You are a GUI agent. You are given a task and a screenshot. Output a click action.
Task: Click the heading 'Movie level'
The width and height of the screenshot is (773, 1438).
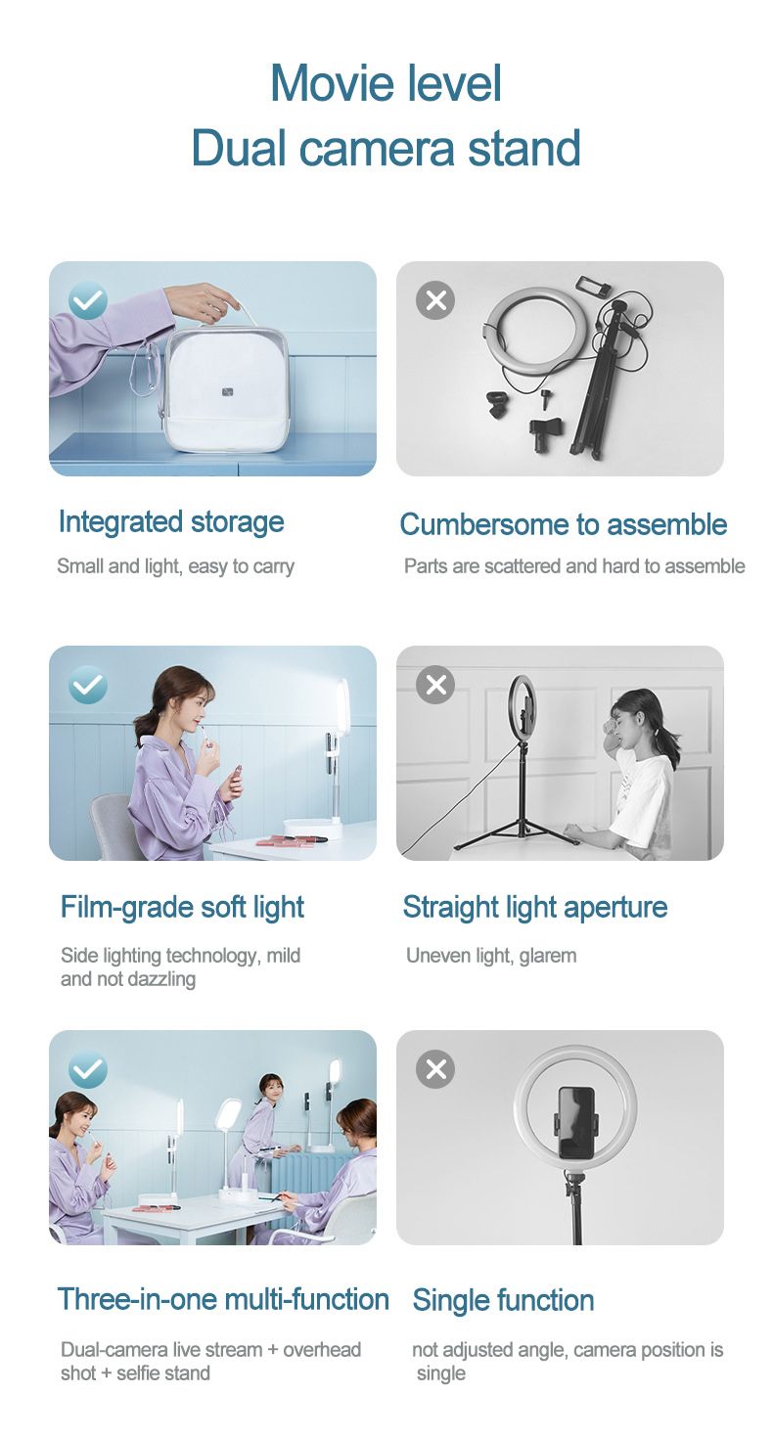click(386, 83)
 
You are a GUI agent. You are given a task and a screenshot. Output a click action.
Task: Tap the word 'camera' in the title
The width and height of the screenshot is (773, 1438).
click(377, 148)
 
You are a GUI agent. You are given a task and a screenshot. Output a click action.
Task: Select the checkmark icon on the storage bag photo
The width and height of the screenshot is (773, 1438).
click(88, 300)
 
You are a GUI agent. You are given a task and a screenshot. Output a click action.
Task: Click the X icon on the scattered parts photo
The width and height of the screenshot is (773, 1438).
click(435, 299)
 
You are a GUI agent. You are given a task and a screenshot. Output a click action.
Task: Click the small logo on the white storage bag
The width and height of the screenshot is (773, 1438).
click(228, 391)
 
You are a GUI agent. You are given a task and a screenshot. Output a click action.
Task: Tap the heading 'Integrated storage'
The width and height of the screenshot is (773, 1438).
click(171, 521)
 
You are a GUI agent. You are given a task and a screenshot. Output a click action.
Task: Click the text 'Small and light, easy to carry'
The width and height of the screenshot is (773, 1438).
click(175, 566)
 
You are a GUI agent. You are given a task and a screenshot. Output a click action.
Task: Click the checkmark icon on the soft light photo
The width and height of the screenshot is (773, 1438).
click(88, 685)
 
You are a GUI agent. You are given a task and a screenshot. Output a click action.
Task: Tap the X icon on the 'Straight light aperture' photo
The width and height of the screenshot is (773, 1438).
click(435, 685)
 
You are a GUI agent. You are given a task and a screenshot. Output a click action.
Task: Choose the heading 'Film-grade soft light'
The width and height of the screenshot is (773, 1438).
click(182, 907)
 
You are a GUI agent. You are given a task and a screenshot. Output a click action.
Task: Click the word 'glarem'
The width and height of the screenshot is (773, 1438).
click(548, 955)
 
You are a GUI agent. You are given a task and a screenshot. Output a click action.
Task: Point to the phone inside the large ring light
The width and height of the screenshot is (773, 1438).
click(576, 1122)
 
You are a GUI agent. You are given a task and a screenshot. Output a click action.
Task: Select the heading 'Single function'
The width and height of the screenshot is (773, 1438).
click(503, 1300)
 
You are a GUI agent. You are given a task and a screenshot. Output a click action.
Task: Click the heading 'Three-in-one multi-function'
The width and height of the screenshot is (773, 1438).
click(223, 1299)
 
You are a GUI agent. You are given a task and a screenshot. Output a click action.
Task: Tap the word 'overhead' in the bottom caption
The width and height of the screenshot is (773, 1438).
click(322, 1349)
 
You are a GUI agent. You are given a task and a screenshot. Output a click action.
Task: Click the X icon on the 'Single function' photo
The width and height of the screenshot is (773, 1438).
click(435, 1069)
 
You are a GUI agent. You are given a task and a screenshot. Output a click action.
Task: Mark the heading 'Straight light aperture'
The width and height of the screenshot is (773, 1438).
click(535, 907)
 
